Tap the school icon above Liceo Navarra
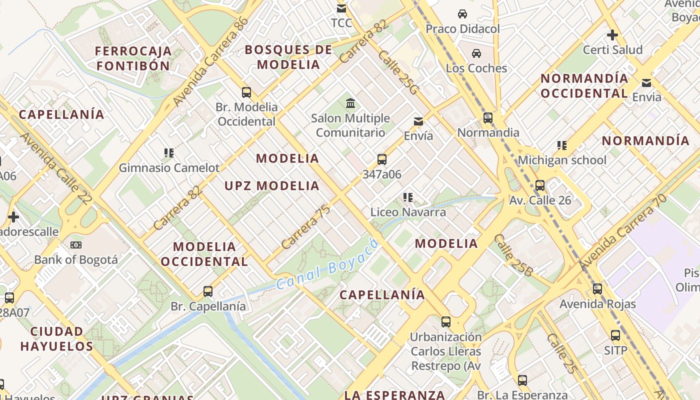click(408, 198)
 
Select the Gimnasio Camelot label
click(169, 168)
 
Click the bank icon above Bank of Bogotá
click(76, 245)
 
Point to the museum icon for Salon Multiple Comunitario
click(350, 103)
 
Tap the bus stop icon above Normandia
click(488, 118)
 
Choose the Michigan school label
click(562, 160)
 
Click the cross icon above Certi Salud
click(612, 35)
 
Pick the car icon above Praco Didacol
click(462, 14)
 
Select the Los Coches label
click(476, 68)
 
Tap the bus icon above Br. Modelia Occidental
click(246, 92)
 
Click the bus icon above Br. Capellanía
click(208, 291)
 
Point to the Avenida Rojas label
click(597, 304)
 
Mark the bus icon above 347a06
click(382, 159)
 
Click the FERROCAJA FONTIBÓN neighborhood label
click(133, 58)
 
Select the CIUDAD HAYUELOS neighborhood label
click(56, 338)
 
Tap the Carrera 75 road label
click(305, 227)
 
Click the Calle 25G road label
click(398, 72)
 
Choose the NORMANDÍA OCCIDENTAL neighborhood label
click(584, 85)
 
